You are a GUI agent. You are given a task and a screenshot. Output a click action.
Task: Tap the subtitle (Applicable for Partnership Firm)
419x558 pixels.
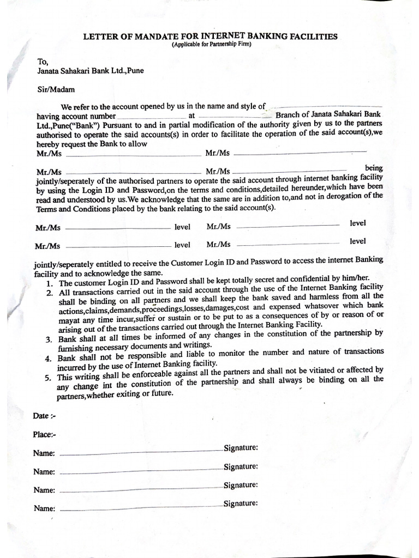[x=211, y=45]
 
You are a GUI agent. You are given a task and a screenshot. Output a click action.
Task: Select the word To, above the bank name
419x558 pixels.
[x=43, y=62]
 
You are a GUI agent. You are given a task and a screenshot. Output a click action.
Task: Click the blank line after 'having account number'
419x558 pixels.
[x=151, y=118]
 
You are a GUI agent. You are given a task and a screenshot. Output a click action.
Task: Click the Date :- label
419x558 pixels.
[x=45, y=416]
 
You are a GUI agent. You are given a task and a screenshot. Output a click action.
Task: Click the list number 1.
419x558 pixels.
[x=50, y=284]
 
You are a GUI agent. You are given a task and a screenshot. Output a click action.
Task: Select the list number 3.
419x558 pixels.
[x=49, y=340]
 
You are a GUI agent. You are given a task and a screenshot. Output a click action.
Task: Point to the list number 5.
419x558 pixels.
[x=49, y=378]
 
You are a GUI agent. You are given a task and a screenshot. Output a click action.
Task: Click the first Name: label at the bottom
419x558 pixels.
[x=44, y=453]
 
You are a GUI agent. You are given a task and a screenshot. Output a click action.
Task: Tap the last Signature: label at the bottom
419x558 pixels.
[x=241, y=504]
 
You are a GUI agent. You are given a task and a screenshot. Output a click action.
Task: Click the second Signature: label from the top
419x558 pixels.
[x=241, y=466]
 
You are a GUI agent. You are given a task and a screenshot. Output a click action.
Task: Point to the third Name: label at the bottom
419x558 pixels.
[x=44, y=490]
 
